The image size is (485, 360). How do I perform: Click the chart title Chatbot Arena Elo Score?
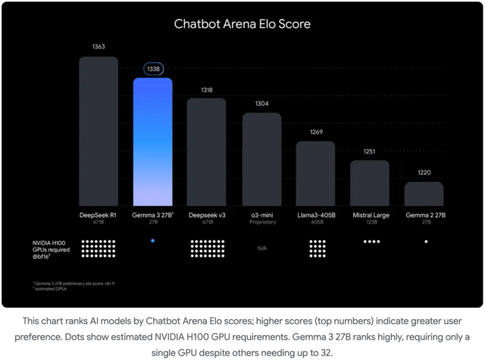tap(242, 23)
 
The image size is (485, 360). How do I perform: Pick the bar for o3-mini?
tap(261, 159)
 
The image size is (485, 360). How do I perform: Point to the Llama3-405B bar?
tap(315, 173)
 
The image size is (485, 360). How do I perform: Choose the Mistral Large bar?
tap(369, 183)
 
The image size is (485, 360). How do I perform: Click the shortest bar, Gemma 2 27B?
tap(424, 193)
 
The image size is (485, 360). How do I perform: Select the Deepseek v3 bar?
tap(207, 152)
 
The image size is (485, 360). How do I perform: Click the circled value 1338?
tap(152, 69)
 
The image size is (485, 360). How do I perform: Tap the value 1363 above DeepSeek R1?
tap(99, 47)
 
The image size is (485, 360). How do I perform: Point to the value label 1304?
tap(261, 103)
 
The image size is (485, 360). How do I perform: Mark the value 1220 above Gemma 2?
tap(424, 172)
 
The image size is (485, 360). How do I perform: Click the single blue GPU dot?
tap(152, 240)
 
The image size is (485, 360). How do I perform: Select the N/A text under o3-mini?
tap(261, 248)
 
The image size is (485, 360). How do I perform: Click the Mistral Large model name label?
tap(369, 215)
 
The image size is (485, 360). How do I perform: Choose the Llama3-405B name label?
tap(315, 215)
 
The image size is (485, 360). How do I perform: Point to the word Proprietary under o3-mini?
tap(261, 222)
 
